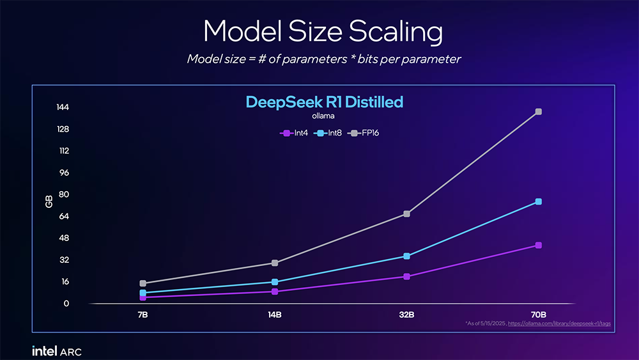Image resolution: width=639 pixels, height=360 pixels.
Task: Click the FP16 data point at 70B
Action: click(539, 112)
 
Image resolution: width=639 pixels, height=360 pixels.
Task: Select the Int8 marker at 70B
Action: click(539, 202)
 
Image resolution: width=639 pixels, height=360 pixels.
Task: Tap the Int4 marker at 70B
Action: click(539, 246)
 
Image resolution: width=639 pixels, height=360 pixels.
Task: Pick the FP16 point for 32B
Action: click(406, 214)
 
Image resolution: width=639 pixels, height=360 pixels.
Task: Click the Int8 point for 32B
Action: click(406, 256)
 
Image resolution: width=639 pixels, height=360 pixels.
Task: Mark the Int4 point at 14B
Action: click(275, 292)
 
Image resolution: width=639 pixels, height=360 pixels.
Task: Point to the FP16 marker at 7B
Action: click(143, 283)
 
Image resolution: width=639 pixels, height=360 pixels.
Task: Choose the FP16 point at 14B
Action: click(275, 263)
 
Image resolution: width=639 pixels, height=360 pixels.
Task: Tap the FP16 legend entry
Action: click(367, 133)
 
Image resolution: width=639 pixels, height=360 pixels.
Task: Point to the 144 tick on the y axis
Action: click(62, 107)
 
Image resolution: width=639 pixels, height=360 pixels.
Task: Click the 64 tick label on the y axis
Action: click(64, 216)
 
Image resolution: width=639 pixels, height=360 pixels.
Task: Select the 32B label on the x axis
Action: click(406, 315)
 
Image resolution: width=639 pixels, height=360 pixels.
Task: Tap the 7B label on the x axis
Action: click(143, 315)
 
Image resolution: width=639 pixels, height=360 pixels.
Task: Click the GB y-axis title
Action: click(49, 202)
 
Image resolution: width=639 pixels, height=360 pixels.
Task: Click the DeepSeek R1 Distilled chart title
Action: click(325, 102)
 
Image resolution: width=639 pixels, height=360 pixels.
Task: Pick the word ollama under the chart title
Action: click(323, 116)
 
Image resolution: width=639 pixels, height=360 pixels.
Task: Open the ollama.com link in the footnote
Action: click(559, 324)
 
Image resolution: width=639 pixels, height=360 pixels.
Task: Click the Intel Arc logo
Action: click(57, 350)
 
